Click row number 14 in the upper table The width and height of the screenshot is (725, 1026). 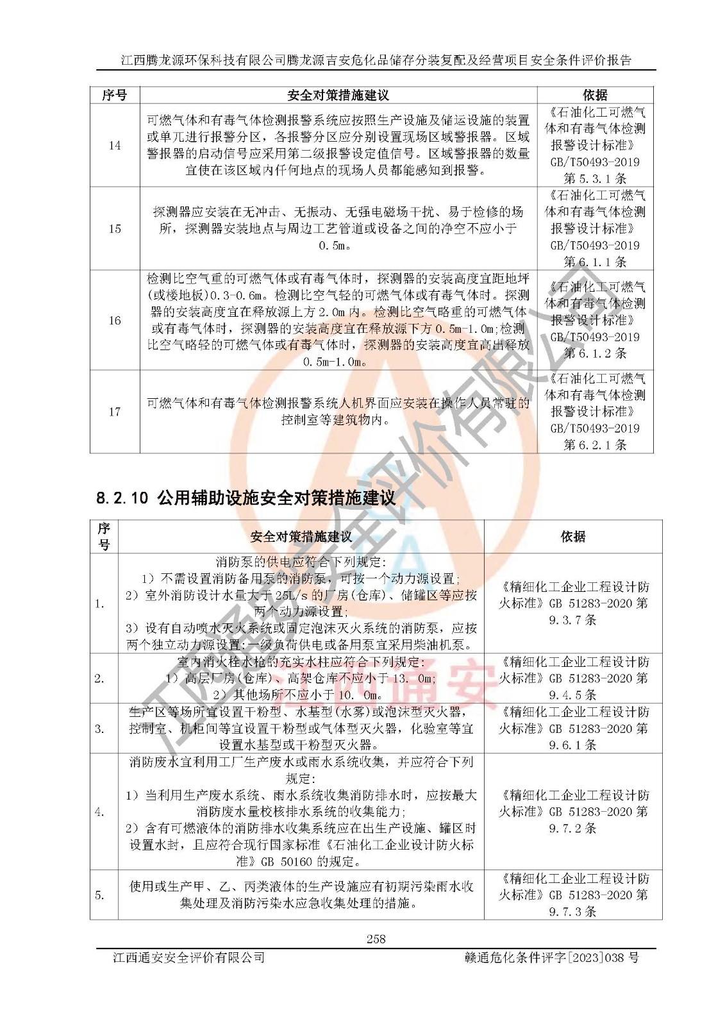point(115,146)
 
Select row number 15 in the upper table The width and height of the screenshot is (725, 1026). point(115,229)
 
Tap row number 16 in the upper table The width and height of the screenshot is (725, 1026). point(115,321)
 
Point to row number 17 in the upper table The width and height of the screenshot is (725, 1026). point(115,412)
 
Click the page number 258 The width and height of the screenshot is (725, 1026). point(376,939)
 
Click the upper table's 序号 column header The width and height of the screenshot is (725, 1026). point(115,96)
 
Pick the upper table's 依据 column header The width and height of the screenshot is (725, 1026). point(595,96)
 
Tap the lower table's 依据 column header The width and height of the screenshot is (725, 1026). point(573,537)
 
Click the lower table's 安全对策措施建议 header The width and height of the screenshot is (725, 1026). point(301,537)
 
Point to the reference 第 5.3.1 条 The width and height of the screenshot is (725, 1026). point(595,179)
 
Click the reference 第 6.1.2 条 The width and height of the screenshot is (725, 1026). point(595,353)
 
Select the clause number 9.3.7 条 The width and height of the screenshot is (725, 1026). point(573,620)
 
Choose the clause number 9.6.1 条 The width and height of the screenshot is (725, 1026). point(573,745)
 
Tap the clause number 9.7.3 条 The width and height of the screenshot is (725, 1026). point(573,911)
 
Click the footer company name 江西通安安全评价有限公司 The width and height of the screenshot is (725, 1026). point(189,957)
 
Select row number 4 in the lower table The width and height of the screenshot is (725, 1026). point(99,812)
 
